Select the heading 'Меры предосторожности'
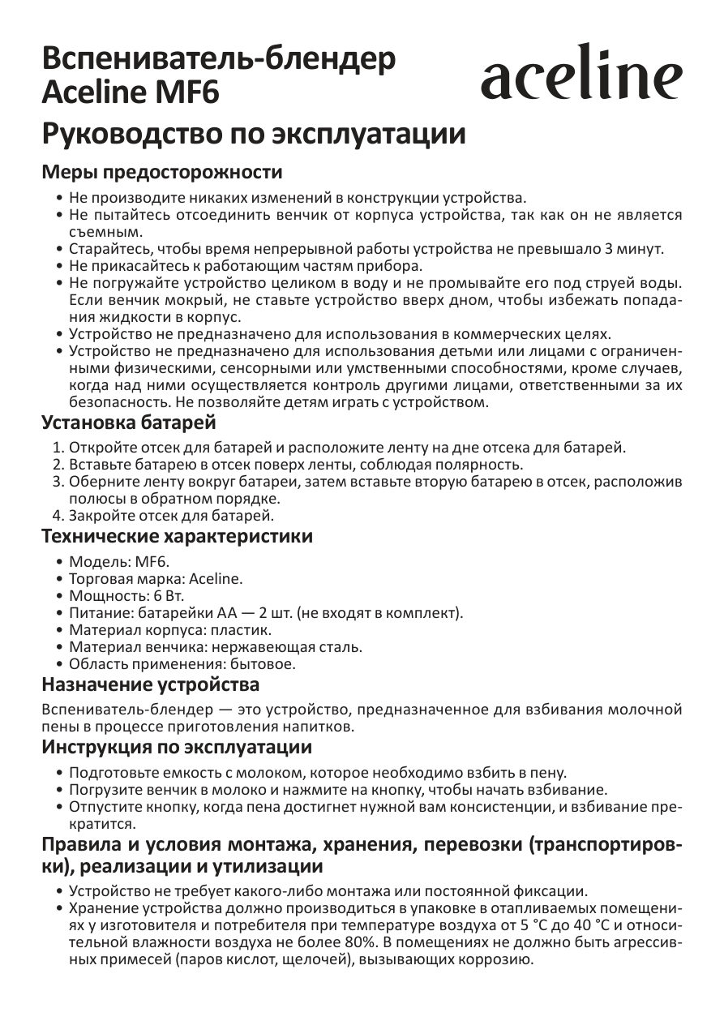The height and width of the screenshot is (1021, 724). point(162,173)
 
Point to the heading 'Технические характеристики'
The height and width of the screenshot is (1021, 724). point(177,537)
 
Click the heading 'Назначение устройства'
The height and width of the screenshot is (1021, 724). point(151,685)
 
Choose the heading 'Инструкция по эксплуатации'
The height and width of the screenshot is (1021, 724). point(177,746)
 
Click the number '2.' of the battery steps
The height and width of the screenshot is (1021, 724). point(58,464)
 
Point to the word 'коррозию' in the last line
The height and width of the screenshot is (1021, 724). point(498,959)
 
